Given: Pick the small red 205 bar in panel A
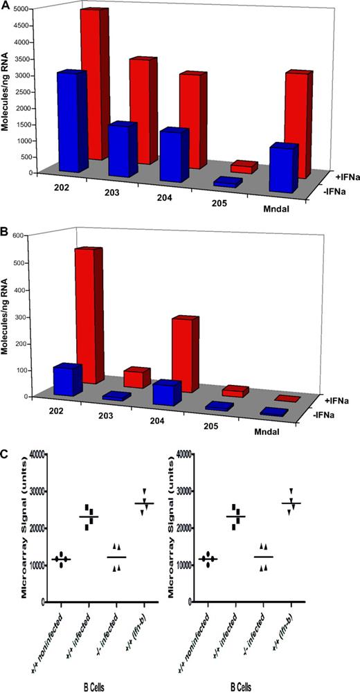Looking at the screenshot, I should click(x=244, y=167).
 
